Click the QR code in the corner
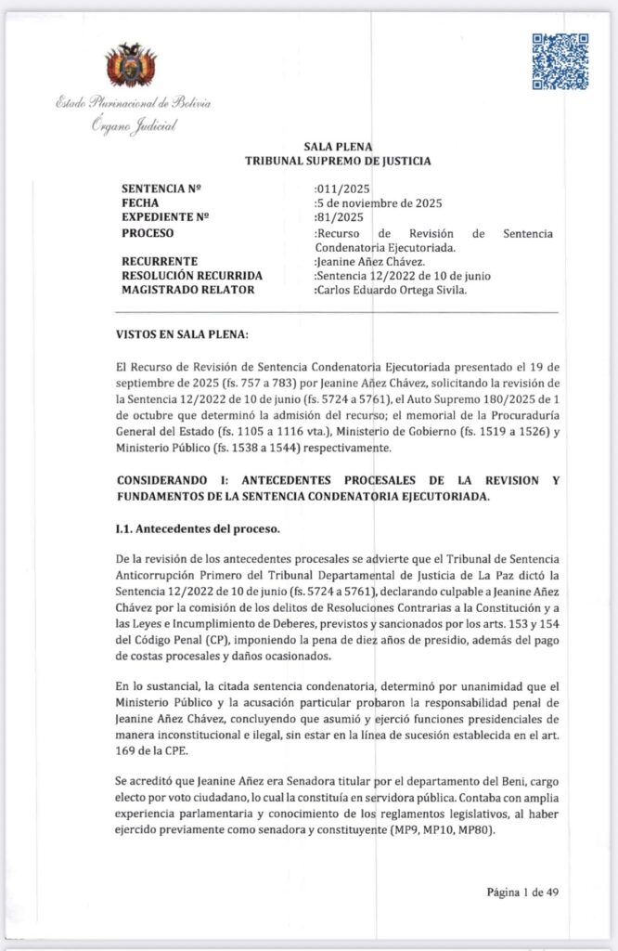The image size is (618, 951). coord(560,61)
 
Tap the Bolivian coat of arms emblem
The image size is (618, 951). coord(130,66)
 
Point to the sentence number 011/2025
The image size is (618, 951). coord(342,188)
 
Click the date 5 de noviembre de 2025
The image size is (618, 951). coord(378,202)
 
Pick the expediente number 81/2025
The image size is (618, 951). coord(340,217)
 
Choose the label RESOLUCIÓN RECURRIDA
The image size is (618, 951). coord(192,276)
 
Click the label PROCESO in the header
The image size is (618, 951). coord(148,232)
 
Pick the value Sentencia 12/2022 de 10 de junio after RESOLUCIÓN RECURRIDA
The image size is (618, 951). coord(403,276)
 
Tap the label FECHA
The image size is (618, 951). coord(140,202)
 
